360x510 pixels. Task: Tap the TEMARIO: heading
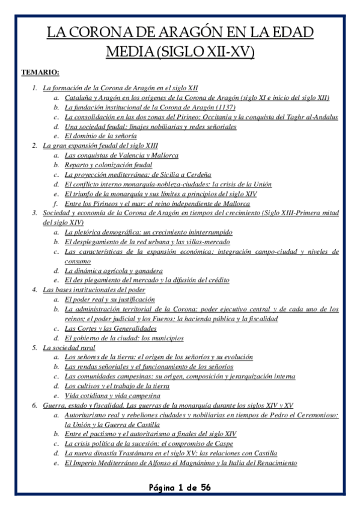[40, 72]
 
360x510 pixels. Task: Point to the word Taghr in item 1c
[295, 117]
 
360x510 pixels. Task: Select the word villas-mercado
[202, 242]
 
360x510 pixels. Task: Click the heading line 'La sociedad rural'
[69, 348]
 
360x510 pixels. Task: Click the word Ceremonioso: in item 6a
[316, 415]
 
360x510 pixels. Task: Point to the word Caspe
[222, 444]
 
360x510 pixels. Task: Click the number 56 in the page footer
[204, 487]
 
